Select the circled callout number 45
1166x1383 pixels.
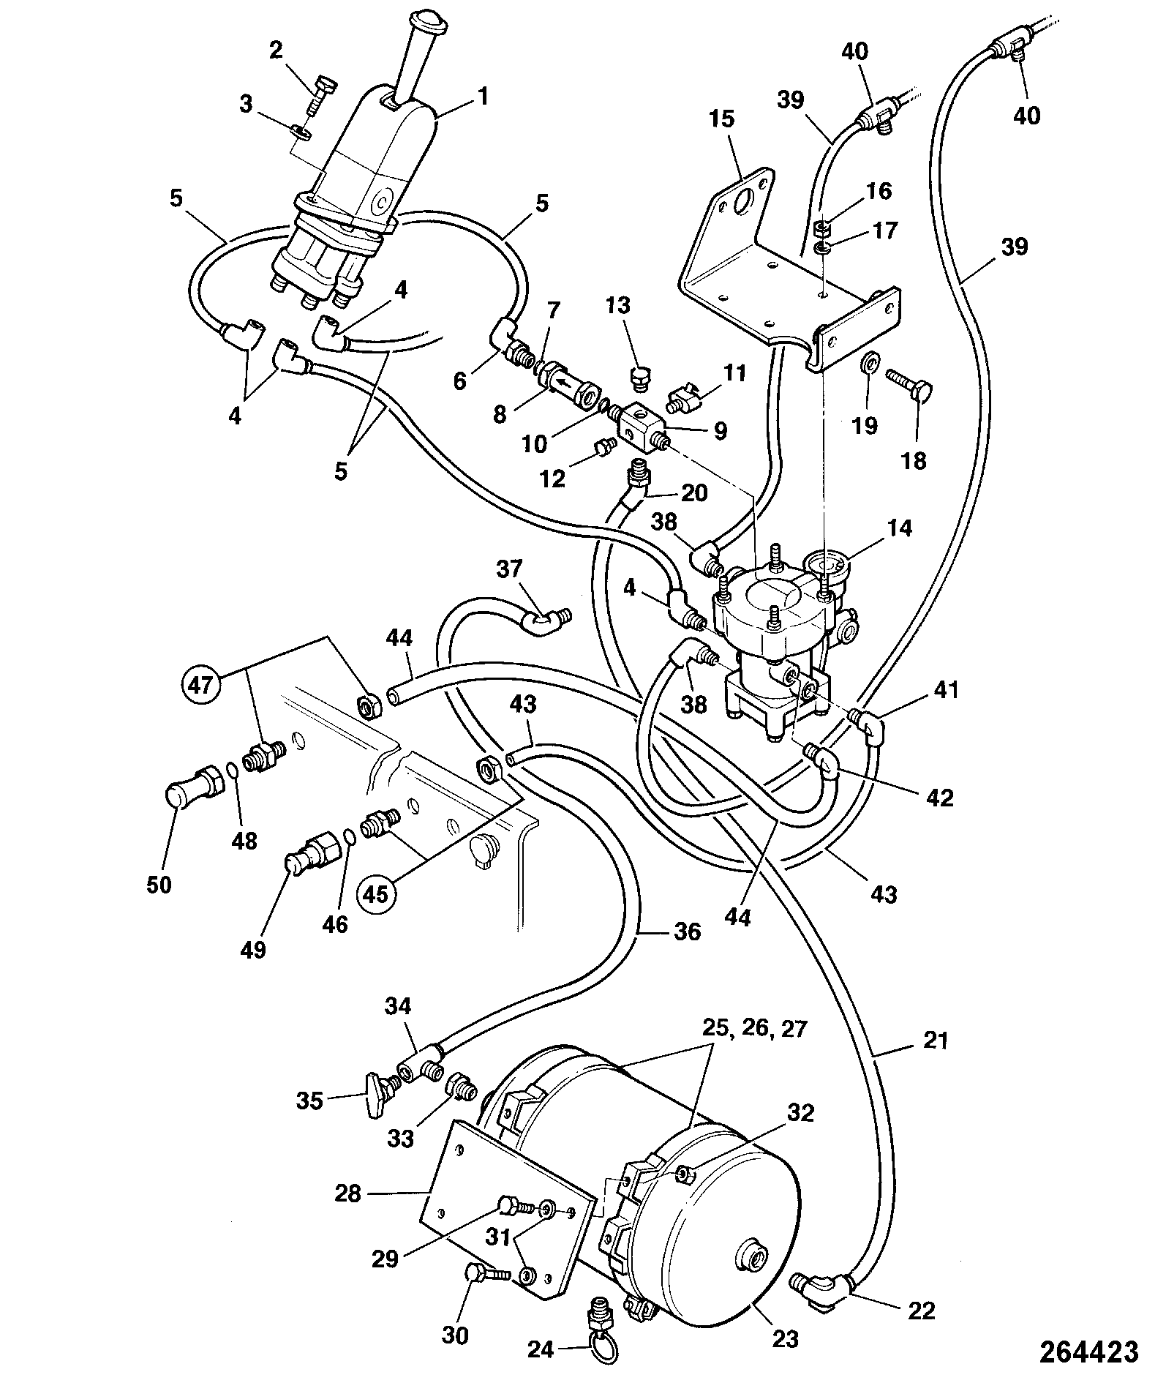[377, 893]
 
